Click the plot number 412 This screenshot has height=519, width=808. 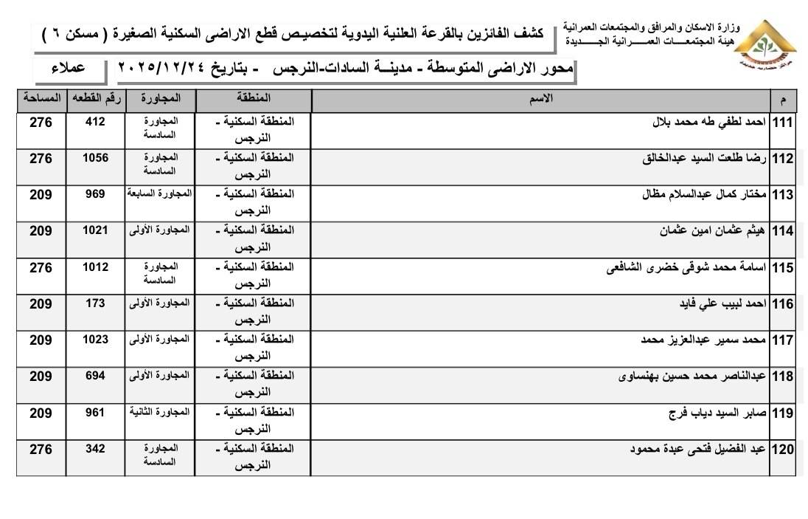click(96, 122)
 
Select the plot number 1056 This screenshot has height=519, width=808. click(96, 158)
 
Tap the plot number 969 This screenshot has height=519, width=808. click(96, 194)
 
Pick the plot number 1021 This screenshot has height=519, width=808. click(96, 230)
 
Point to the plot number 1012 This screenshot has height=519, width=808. click(96, 267)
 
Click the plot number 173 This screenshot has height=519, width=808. click(96, 303)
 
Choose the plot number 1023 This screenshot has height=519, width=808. click(96, 339)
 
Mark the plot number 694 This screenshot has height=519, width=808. click(96, 375)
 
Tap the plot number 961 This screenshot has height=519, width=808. click(96, 411)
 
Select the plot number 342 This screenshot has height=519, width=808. click(96, 448)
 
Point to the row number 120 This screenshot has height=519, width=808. click(781, 450)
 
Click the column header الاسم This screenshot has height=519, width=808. click(542, 97)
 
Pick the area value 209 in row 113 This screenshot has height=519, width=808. click(41, 195)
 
